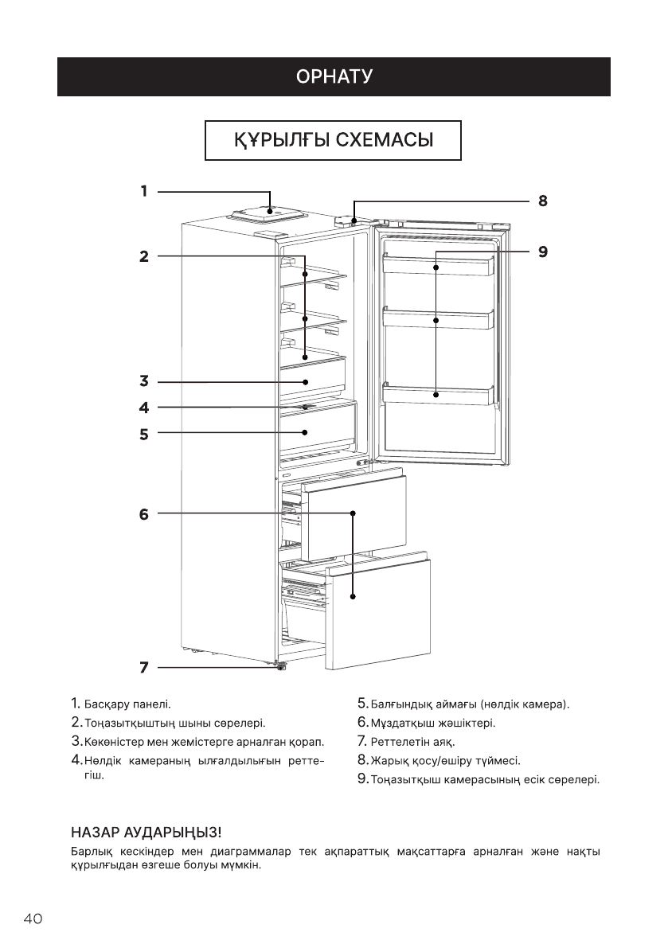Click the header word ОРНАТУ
[334, 77]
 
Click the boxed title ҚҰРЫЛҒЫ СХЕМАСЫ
[334, 141]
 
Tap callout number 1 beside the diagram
[144, 191]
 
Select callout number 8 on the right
[542, 201]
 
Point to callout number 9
[542, 252]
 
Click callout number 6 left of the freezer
[144, 514]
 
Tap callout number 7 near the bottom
[144, 667]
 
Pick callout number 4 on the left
[144, 408]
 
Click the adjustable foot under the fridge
[281, 666]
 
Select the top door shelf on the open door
[438, 265]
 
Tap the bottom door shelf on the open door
[438, 395]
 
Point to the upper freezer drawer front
[354, 517]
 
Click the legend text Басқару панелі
[127, 704]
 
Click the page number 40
[33, 919]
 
